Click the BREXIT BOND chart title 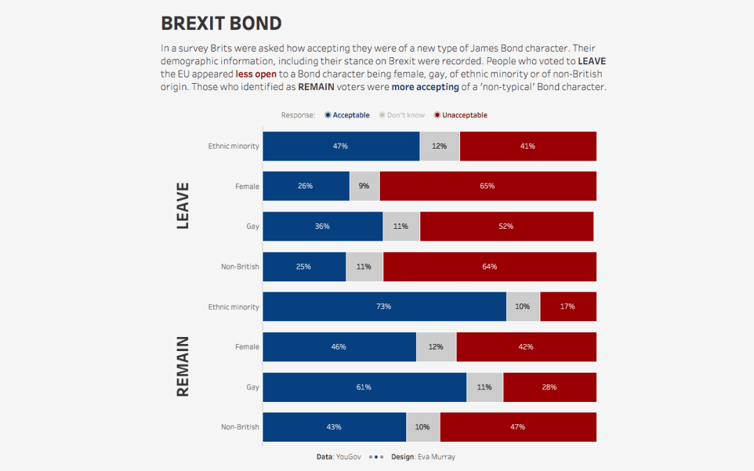221,23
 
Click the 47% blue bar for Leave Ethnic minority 341,147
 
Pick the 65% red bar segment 487,186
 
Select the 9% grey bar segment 364,186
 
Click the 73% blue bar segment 384,307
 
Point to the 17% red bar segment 568,307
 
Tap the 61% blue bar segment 364,387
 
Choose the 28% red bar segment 549,387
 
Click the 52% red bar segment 506,227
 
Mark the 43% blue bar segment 334,427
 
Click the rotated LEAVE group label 182,206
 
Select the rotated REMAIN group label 182,366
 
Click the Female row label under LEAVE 247,186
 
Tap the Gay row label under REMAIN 252,387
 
